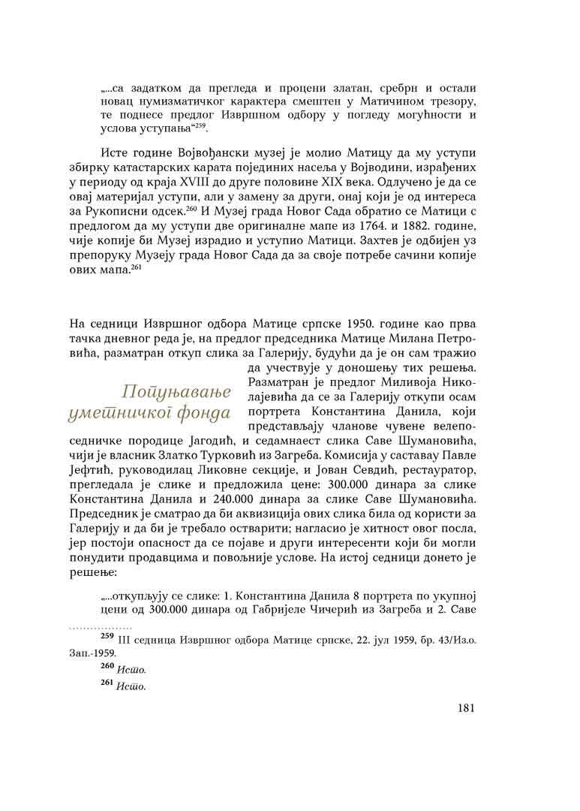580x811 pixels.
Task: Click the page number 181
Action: (x=466, y=707)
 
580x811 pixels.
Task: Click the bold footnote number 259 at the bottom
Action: (x=109, y=638)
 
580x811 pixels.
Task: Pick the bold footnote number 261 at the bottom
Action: (x=109, y=684)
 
